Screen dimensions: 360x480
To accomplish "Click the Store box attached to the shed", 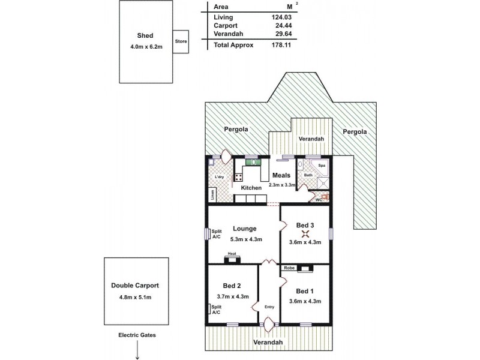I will (x=181, y=41).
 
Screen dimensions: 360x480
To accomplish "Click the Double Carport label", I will (x=135, y=286).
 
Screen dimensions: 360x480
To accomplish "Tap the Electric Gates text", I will (x=137, y=335).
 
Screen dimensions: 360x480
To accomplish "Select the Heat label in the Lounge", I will (x=232, y=254).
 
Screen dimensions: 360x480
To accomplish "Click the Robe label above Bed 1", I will (x=289, y=268).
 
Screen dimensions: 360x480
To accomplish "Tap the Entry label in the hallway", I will (x=269, y=307).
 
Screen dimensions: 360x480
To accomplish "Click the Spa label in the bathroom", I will (x=322, y=164).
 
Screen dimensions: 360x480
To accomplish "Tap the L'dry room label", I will (x=219, y=177).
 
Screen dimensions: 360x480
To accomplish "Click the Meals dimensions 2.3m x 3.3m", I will (x=283, y=185).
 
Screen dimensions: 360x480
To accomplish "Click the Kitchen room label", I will (x=251, y=188).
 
